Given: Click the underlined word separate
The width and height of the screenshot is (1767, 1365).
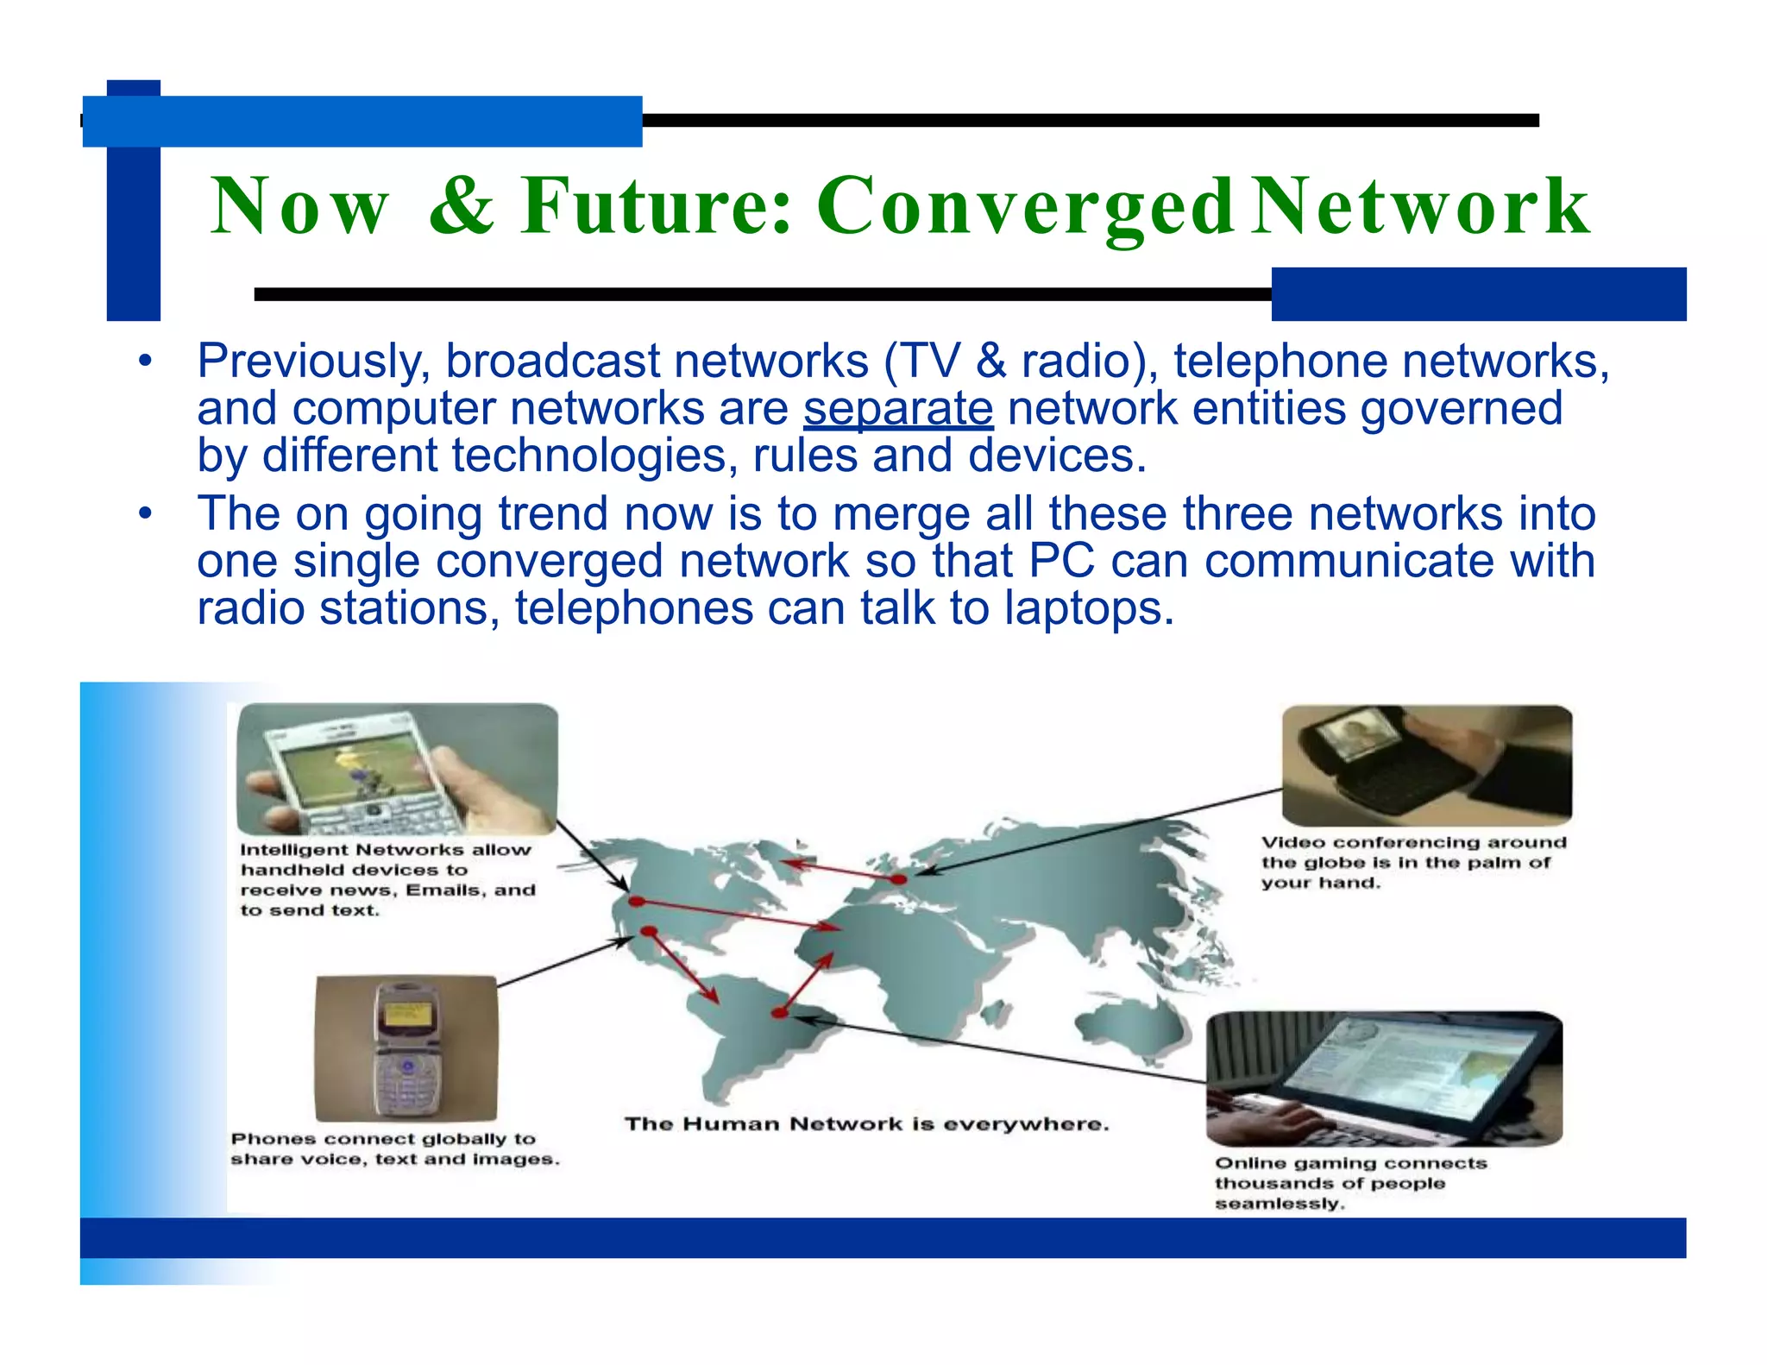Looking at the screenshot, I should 897,409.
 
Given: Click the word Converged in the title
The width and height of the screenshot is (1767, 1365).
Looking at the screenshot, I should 1025,206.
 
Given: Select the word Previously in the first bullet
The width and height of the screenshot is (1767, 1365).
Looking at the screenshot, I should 313,362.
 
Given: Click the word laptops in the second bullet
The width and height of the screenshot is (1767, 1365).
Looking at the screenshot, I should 1089,608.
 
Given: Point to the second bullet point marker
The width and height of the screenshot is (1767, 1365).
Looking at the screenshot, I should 145,514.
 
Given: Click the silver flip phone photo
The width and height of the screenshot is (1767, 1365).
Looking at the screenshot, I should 406,1048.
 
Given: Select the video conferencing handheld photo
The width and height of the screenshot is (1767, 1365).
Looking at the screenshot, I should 1426,764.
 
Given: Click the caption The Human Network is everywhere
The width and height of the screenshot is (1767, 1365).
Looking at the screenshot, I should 866,1124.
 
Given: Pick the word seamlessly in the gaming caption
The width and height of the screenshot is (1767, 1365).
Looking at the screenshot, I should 1280,1204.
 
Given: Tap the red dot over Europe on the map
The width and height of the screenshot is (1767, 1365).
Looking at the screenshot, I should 898,879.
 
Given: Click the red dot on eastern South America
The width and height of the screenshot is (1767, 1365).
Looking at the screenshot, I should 780,1013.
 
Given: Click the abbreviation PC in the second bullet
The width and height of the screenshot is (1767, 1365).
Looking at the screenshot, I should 1061,562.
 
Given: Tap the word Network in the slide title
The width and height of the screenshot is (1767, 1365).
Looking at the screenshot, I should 1419,206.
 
